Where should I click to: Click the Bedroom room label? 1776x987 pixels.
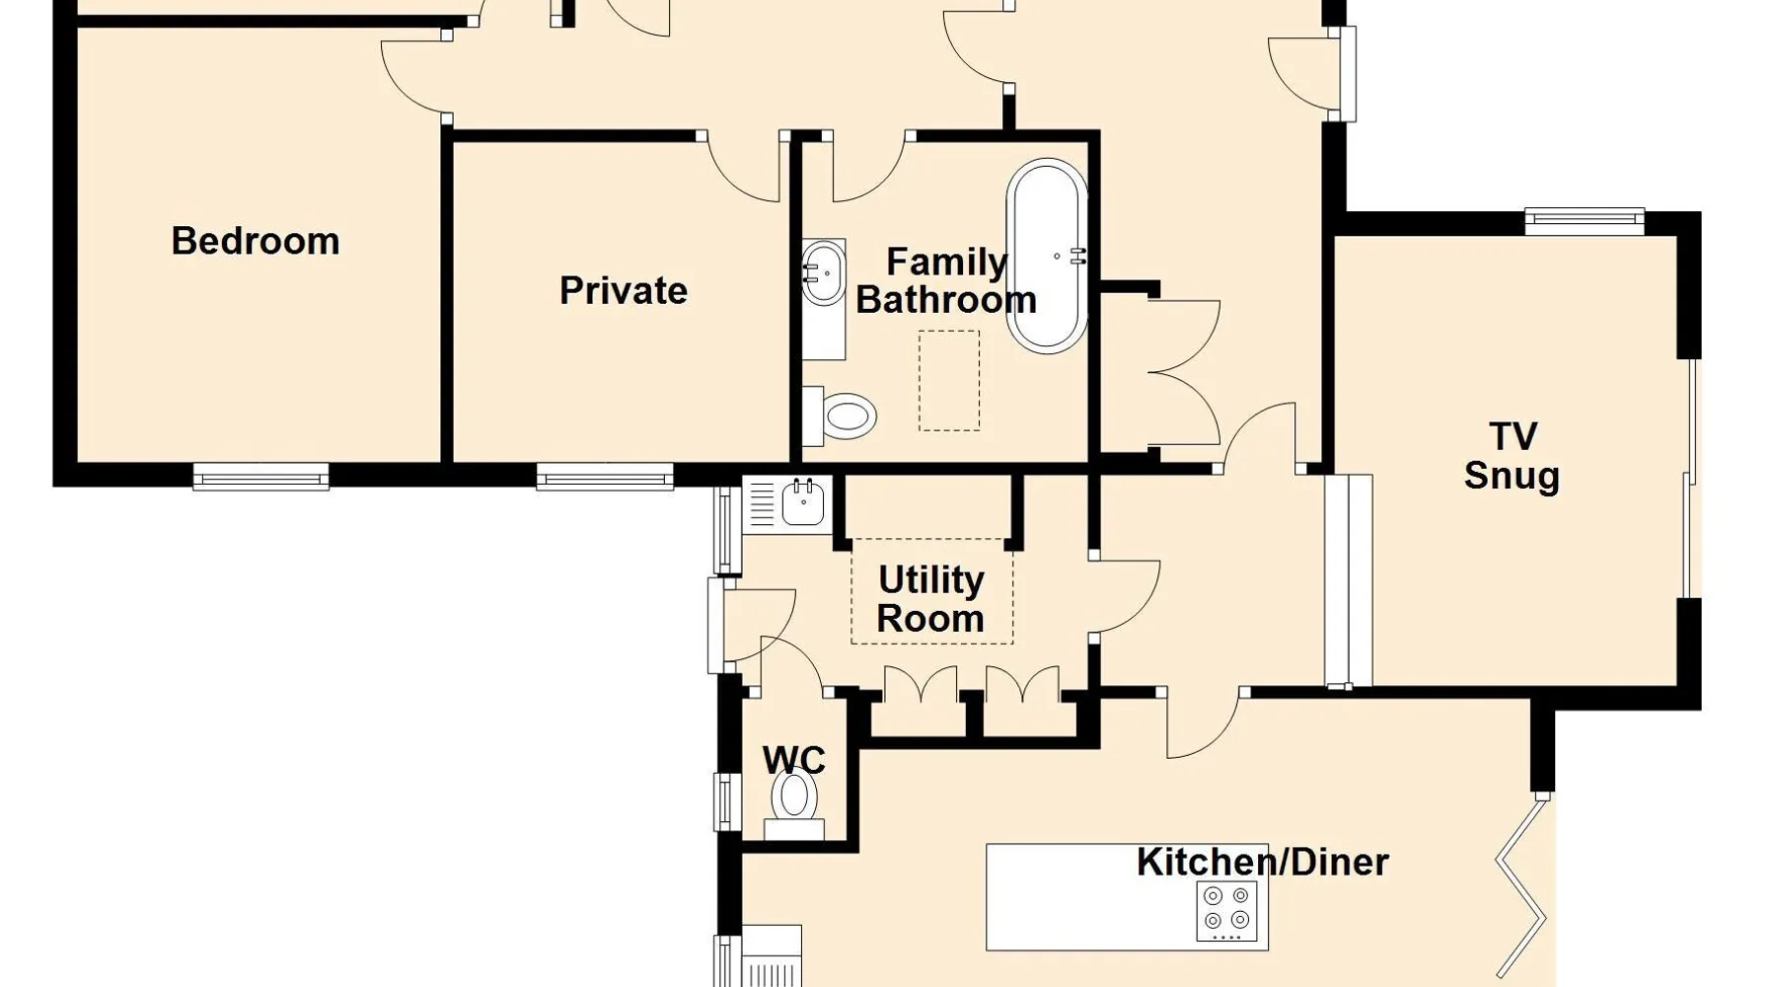[256, 242]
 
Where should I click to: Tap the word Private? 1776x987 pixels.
[624, 291]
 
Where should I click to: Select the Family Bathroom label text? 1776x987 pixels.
[946, 281]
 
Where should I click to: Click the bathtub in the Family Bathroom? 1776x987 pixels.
[1047, 256]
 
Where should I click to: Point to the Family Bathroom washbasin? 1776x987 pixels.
[824, 271]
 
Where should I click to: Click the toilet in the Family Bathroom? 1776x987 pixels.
[840, 417]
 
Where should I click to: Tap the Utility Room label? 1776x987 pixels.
[931, 599]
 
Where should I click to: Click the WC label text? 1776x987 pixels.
[794, 760]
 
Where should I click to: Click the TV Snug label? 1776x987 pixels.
[1512, 456]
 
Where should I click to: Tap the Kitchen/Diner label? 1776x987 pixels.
[1263, 863]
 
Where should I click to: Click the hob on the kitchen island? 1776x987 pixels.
[1226, 910]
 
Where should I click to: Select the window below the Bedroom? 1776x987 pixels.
[260, 478]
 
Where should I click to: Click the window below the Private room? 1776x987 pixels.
[605, 478]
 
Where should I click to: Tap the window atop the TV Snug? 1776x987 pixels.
[1585, 221]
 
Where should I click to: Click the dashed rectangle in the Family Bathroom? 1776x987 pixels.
[949, 381]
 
